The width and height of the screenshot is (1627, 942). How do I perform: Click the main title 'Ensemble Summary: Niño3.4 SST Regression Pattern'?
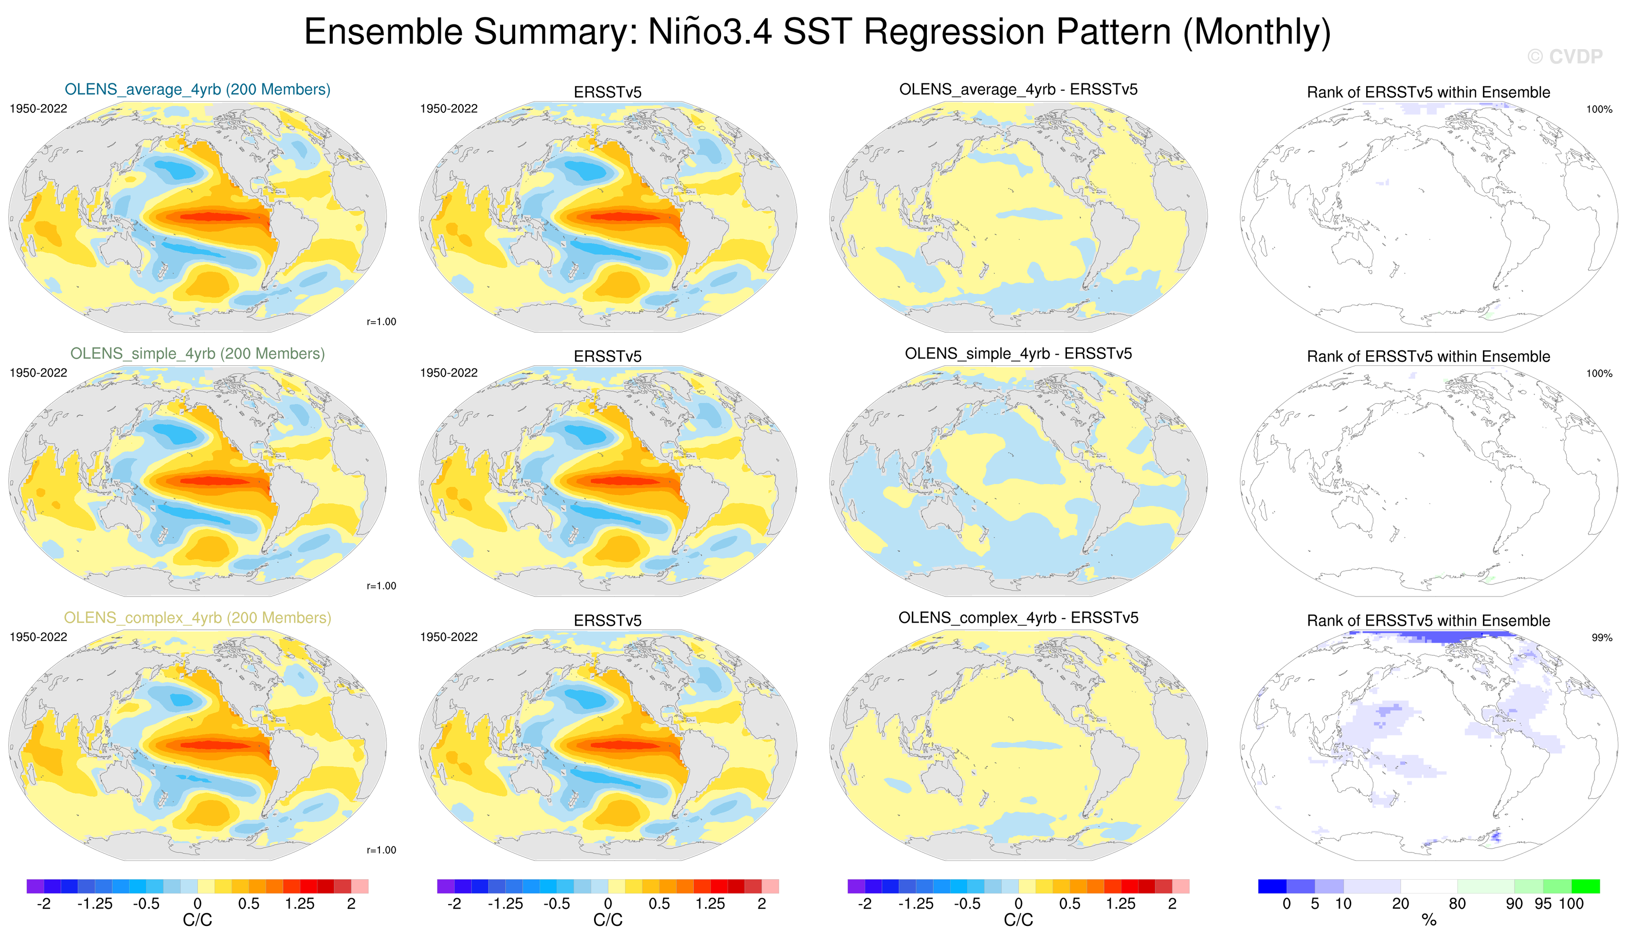(817, 32)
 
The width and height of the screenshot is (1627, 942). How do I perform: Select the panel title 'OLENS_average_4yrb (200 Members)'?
(198, 89)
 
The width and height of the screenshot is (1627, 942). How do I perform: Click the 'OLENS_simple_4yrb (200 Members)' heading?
(198, 353)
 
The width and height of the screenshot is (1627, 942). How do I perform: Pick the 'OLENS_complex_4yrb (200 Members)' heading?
(198, 617)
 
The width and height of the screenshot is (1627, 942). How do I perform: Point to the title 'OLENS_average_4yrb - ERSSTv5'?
(1018, 89)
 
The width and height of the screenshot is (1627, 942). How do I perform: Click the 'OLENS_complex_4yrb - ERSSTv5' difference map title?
(1018, 617)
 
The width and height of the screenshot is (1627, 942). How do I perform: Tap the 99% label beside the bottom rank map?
(1601, 637)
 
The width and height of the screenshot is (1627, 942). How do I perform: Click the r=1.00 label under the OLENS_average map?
(381, 322)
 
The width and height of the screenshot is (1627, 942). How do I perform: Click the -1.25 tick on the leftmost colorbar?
(95, 903)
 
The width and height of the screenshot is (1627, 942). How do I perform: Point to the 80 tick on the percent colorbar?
(1457, 903)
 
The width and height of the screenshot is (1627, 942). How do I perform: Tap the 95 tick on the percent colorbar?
(1543, 903)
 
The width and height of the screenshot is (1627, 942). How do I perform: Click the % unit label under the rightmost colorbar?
(1429, 920)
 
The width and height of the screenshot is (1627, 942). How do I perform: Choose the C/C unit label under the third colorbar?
(1018, 920)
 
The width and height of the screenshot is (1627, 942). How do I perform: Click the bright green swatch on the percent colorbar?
(1586, 886)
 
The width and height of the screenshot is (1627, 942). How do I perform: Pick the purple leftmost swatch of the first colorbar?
(35, 886)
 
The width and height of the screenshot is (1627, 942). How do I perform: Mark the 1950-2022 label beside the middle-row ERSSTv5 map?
(449, 373)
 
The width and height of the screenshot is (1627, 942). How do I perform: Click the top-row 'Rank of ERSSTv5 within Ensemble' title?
(1428, 92)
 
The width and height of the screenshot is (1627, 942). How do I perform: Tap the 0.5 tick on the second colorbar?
(659, 903)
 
